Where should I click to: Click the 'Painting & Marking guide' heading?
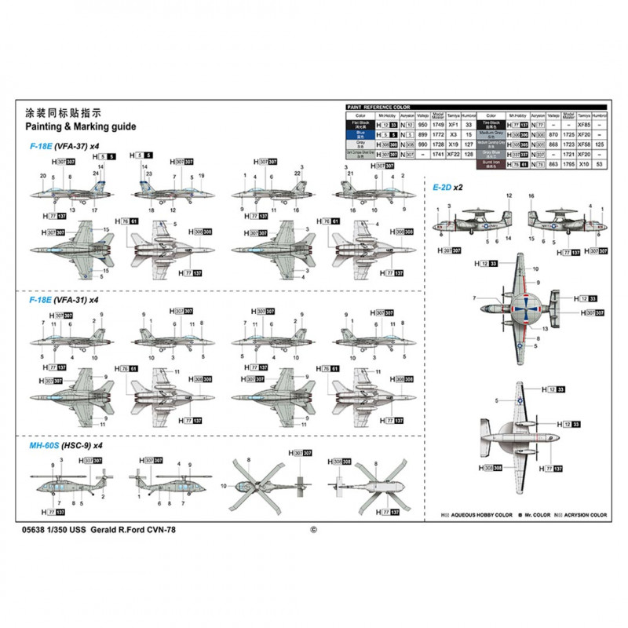(81, 126)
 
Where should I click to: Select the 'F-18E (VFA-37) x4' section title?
(64, 146)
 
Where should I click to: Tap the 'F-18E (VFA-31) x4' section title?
(64, 300)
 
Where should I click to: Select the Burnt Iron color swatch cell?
(492, 165)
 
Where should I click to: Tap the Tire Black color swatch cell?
(492, 124)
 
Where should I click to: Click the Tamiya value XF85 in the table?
(582, 124)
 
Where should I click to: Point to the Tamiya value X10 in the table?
(582, 165)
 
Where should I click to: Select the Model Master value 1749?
(439, 124)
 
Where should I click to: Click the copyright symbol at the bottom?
(313, 529)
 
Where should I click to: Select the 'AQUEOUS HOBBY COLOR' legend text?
(475, 516)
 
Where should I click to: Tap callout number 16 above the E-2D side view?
(531, 195)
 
